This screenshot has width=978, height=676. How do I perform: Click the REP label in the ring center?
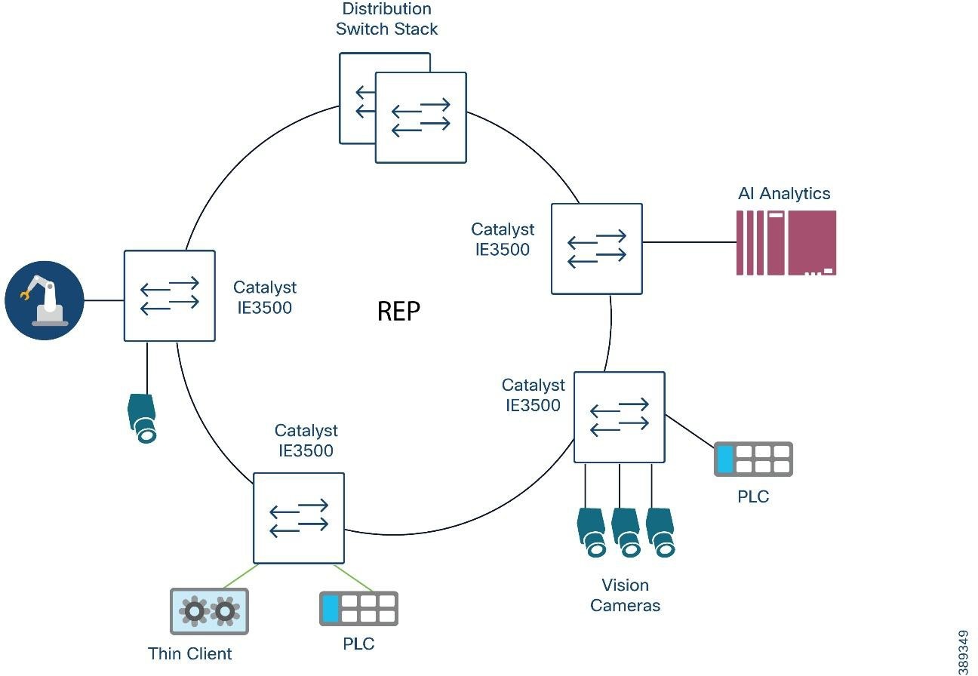pyautogui.click(x=398, y=311)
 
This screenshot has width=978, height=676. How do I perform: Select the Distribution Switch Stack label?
pyautogui.click(x=387, y=20)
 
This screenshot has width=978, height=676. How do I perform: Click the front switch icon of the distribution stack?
pyautogui.click(x=420, y=117)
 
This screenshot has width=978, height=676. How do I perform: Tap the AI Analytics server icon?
pyautogui.click(x=786, y=242)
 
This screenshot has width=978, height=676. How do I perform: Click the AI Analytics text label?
pyautogui.click(x=784, y=193)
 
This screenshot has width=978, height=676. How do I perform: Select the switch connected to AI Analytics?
pyautogui.click(x=597, y=248)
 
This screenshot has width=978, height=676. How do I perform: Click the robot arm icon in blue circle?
pyautogui.click(x=44, y=300)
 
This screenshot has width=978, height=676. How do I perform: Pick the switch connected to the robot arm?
pyautogui.click(x=170, y=295)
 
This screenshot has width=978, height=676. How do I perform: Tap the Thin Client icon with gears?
pyautogui.click(x=209, y=611)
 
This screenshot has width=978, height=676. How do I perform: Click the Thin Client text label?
pyautogui.click(x=190, y=653)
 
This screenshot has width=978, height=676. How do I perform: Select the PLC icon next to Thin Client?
pyautogui.click(x=358, y=608)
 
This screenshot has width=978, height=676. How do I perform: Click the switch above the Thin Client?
pyautogui.click(x=299, y=518)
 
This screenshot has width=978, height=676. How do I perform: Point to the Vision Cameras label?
pyautogui.click(x=625, y=595)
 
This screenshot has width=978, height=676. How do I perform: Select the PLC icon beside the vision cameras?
pyautogui.click(x=753, y=459)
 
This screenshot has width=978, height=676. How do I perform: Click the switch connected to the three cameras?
pyautogui.click(x=620, y=416)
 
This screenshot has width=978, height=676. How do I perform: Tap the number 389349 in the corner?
pyautogui.click(x=963, y=652)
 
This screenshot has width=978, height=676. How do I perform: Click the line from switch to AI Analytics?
pyautogui.click(x=689, y=242)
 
